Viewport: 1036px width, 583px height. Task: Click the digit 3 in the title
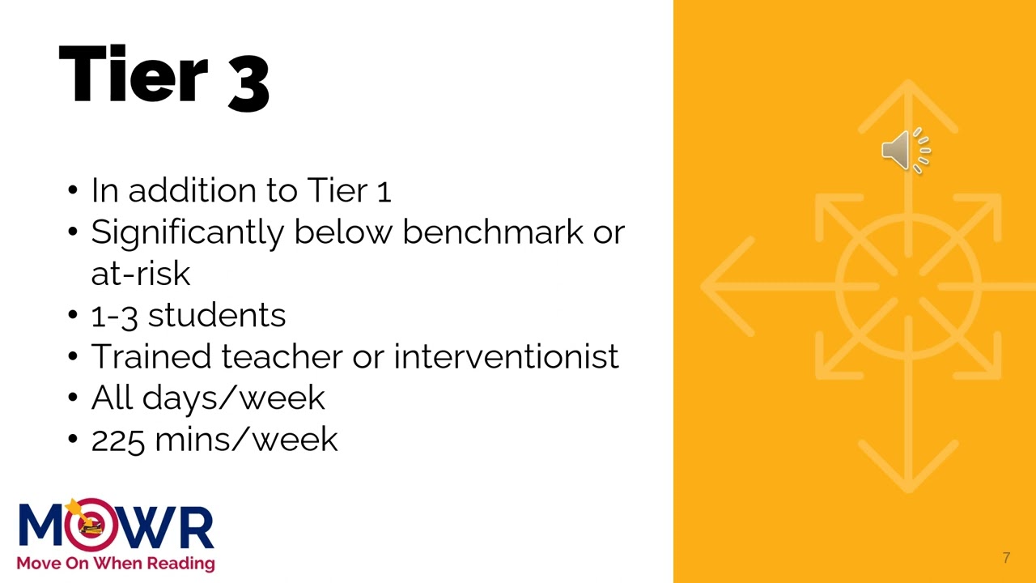pyautogui.click(x=248, y=79)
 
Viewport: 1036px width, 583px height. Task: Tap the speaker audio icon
pyautogui.click(x=906, y=150)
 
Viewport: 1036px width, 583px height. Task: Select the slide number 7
pyautogui.click(x=1006, y=558)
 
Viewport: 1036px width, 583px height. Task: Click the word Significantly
pyautogui.click(x=187, y=233)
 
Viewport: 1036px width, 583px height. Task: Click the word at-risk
pyautogui.click(x=140, y=274)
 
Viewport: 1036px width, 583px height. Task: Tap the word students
pyautogui.click(x=216, y=315)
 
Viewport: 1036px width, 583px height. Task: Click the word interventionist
pyautogui.click(x=506, y=356)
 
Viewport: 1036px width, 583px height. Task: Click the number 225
pyautogui.click(x=118, y=440)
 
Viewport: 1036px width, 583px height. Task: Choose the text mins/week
pyautogui.click(x=246, y=440)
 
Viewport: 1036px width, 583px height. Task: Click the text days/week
pyautogui.click(x=233, y=398)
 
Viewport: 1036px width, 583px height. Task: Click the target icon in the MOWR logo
pyautogui.click(x=88, y=525)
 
